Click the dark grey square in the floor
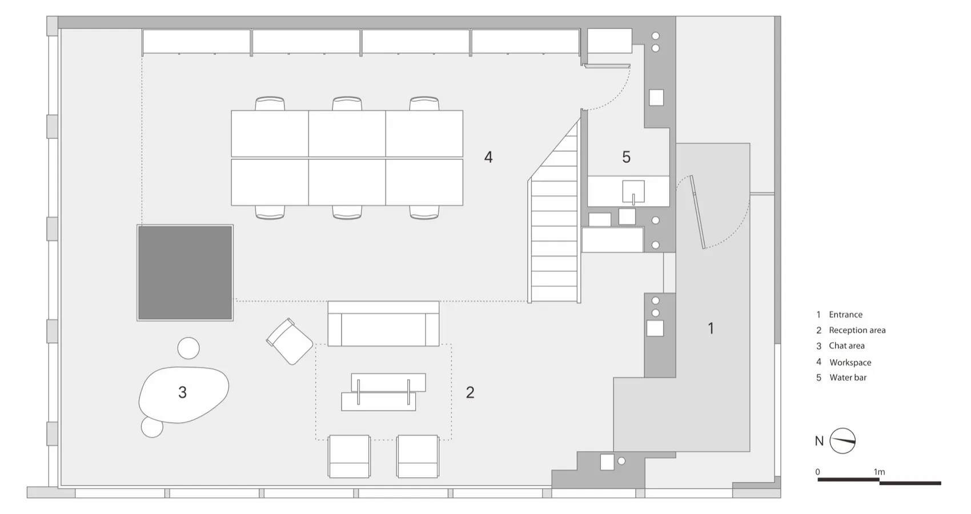(185, 272)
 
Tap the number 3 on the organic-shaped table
(183, 392)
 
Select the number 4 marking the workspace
(488, 157)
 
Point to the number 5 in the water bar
(627, 157)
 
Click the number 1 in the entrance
(711, 328)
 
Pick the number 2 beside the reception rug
(470, 392)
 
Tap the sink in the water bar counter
(633, 192)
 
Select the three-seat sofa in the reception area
(384, 323)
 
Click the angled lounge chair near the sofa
(290, 342)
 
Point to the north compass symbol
(842, 441)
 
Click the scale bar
(879, 481)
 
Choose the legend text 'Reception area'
(857, 330)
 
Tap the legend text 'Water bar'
(848, 378)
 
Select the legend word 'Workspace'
(850, 362)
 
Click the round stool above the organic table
(188, 348)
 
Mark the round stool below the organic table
(152, 427)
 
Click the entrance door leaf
(697, 212)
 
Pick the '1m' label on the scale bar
(879, 472)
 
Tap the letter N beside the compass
(819, 441)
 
